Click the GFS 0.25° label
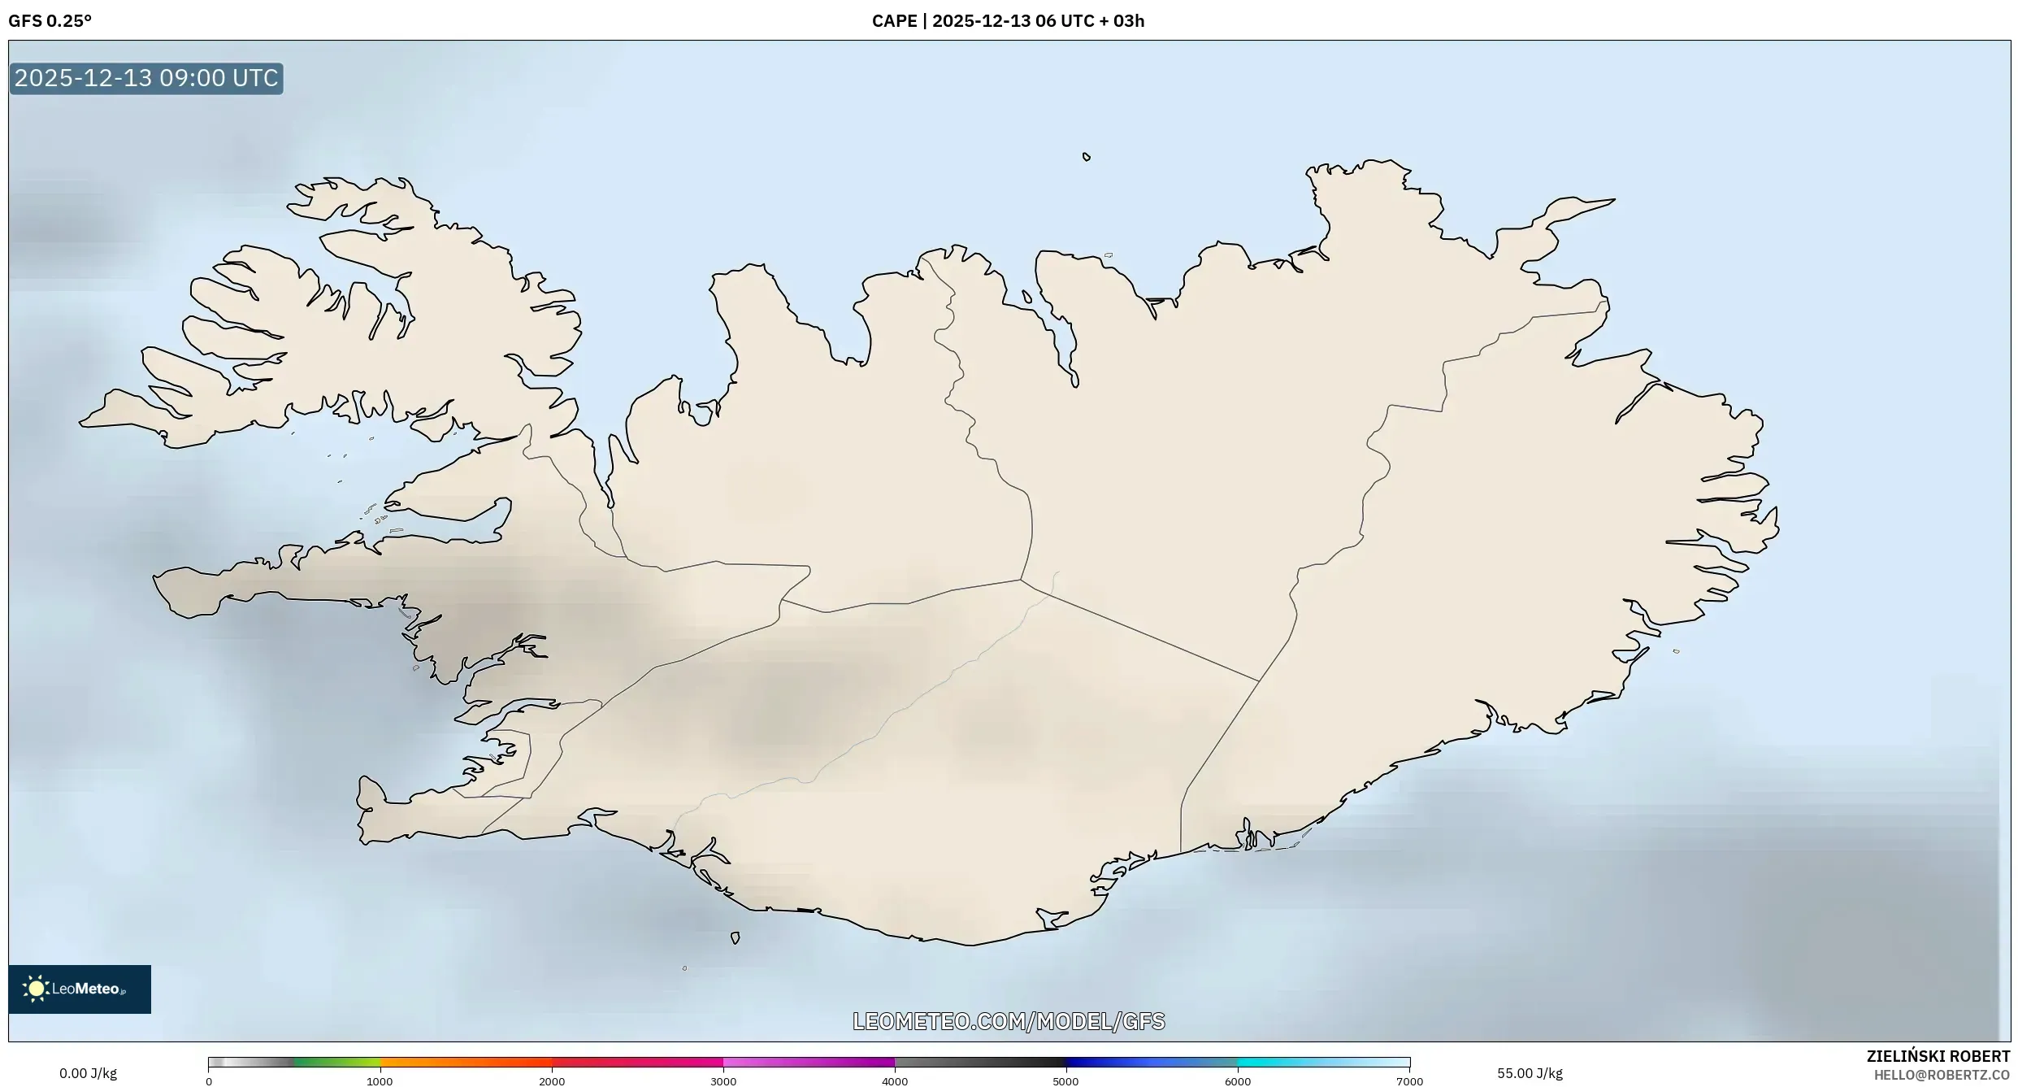(50, 21)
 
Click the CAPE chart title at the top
(1008, 21)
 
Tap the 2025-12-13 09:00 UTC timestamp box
(146, 79)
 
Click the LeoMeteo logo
(80, 989)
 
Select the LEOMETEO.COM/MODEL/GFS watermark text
(1009, 1021)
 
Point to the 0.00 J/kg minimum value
(88, 1073)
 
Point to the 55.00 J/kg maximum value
(1530, 1073)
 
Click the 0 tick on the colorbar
(209, 1081)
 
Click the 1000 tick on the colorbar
(380, 1081)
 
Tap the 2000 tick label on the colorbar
(552, 1081)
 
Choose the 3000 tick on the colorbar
(723, 1081)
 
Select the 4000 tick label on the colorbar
(895, 1081)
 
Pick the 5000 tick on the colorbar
(1065, 1081)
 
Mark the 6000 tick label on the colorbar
(1238, 1081)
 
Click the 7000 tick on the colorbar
(1409, 1081)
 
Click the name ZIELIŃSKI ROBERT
(1938, 1056)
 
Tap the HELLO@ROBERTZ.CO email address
(1942, 1075)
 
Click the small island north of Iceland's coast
(1087, 157)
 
